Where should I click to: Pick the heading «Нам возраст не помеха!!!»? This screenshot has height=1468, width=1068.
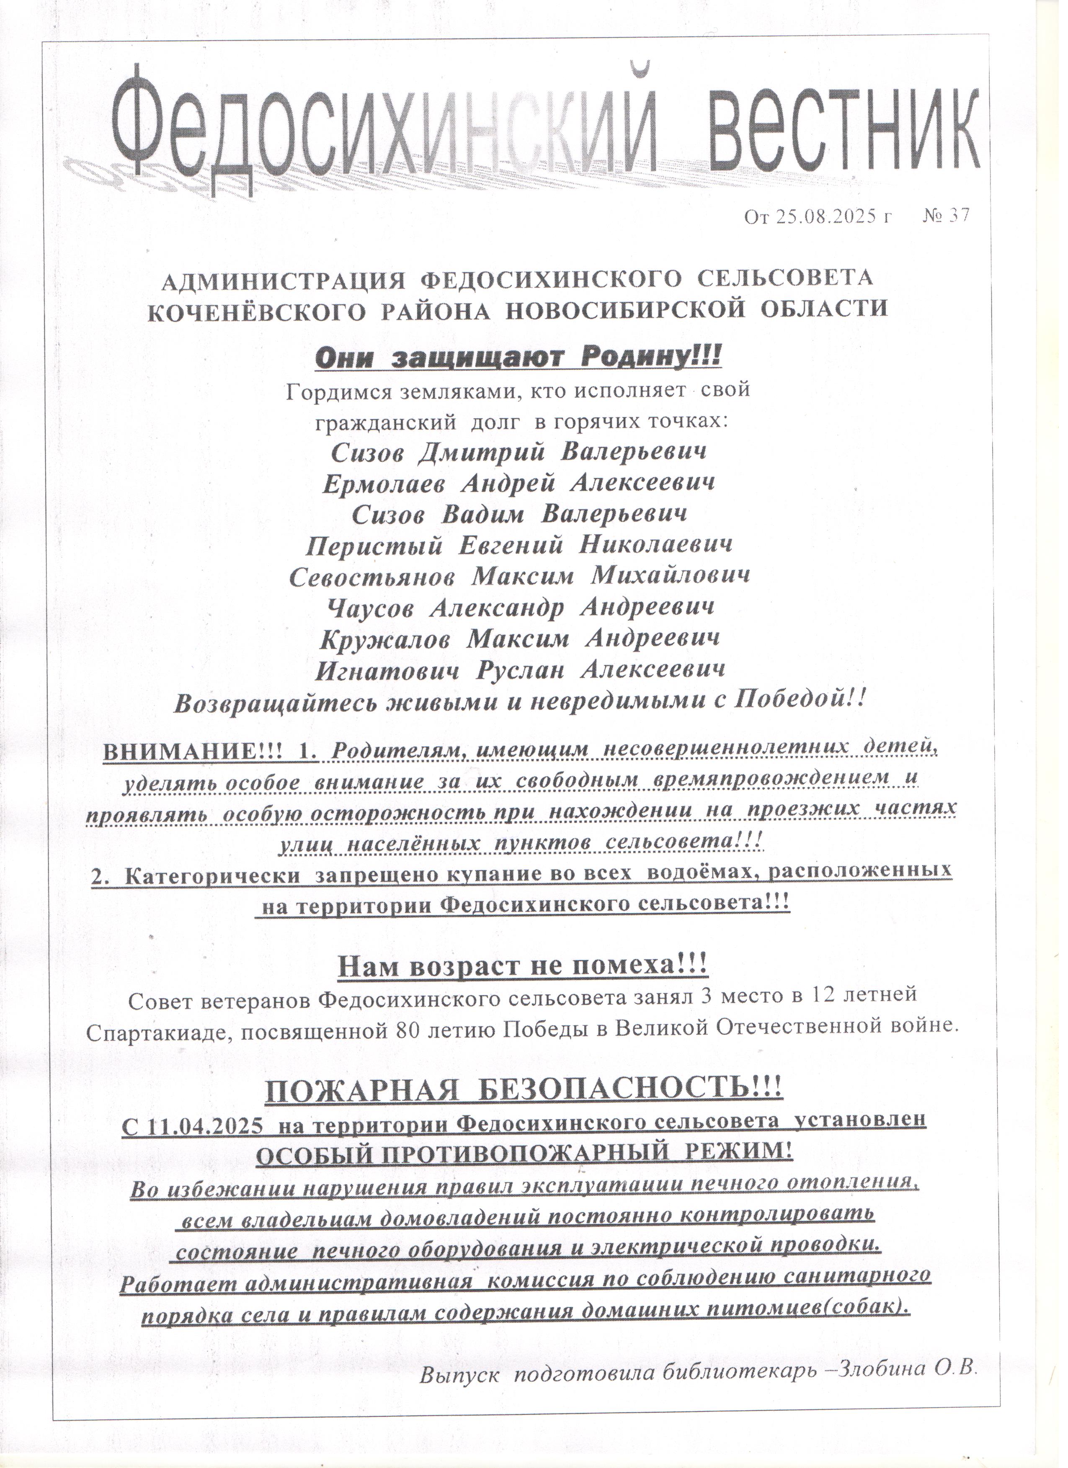point(523,984)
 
